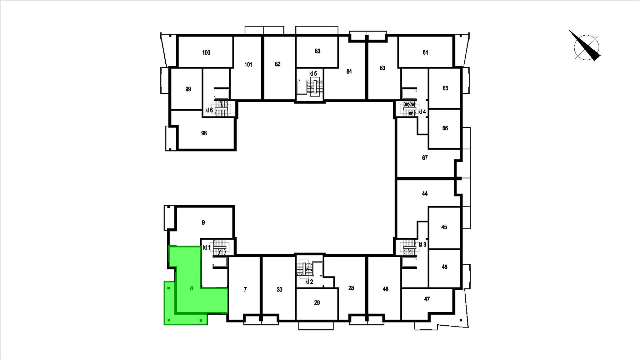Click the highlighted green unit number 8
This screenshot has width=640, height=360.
point(192,288)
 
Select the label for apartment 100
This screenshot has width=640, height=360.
point(206,52)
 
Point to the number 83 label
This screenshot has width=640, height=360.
point(317,51)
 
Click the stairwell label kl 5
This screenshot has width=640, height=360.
point(313,73)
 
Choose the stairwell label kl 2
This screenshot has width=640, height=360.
point(309,282)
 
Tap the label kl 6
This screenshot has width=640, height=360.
point(209,110)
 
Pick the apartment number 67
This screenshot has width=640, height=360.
point(425,158)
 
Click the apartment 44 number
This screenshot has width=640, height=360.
point(425,193)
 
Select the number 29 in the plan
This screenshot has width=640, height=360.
point(317,302)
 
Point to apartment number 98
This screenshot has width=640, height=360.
point(204,133)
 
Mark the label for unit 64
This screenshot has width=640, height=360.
point(425,52)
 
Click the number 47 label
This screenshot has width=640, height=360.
point(427,299)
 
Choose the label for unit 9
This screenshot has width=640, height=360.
point(203,222)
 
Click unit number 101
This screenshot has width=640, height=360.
point(248,65)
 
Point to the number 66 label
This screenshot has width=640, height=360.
point(445,128)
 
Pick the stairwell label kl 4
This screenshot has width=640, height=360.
point(422,112)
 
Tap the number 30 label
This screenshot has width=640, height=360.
point(279,290)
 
